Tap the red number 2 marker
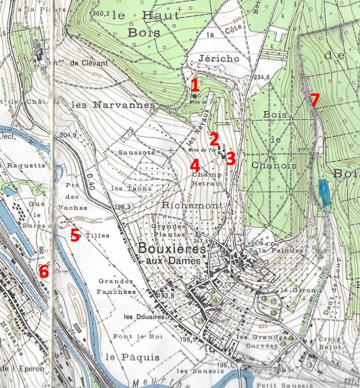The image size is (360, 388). (x=214, y=138)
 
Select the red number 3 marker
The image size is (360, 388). (x=231, y=158)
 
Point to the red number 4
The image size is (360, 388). (x=195, y=164)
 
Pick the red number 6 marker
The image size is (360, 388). (x=43, y=271)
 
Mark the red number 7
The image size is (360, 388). (x=314, y=100)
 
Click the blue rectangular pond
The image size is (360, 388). (x=325, y=193)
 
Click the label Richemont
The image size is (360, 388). (x=183, y=204)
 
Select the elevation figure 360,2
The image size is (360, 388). (x=100, y=13)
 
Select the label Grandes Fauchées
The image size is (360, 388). (x=116, y=287)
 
